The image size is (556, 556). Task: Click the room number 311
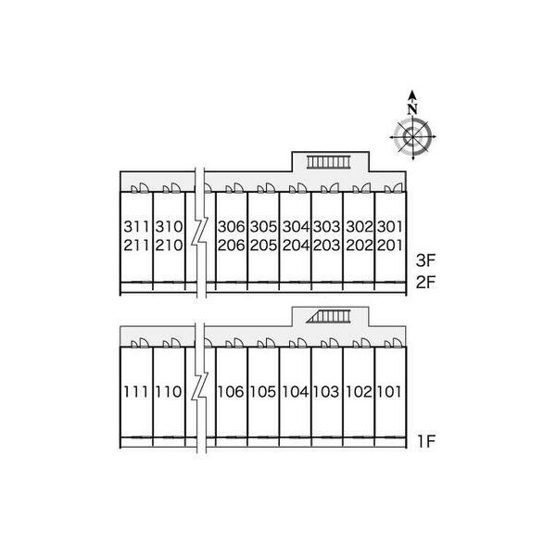(136, 227)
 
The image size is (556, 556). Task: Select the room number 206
(231, 246)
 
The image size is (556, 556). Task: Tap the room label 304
(296, 227)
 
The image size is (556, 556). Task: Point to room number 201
(389, 246)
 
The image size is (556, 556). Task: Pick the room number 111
(136, 392)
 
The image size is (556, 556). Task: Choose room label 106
(231, 392)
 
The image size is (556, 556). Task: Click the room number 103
(326, 392)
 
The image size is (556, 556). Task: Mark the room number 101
(389, 392)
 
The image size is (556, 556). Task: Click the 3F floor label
(425, 261)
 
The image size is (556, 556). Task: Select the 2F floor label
(425, 283)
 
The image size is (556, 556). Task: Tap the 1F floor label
(426, 441)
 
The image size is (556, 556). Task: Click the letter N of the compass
(412, 108)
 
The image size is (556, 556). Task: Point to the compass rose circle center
(412, 136)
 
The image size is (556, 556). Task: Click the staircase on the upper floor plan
(328, 162)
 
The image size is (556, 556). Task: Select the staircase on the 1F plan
(328, 316)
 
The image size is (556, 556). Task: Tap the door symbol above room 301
(394, 188)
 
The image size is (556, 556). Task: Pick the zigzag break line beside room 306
(200, 233)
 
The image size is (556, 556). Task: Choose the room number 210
(169, 246)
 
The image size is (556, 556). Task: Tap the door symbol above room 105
(266, 343)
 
